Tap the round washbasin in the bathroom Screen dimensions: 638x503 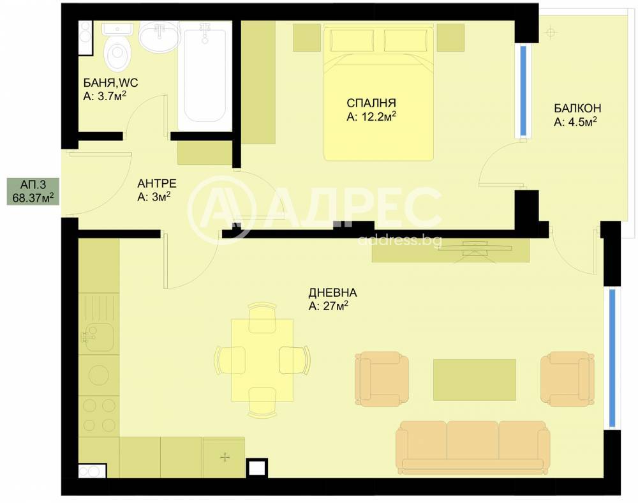(159, 37)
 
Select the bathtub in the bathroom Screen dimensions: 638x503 (205, 76)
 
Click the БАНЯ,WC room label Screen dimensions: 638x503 (110, 82)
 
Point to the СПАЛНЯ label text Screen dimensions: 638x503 (371, 103)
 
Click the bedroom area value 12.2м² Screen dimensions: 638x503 (371, 117)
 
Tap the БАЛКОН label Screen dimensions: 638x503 (577, 109)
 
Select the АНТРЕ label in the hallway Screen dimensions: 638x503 (157, 183)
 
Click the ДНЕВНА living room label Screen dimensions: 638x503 (332, 292)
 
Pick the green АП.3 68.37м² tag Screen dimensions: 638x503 (33, 191)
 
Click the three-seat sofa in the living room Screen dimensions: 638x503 (471, 447)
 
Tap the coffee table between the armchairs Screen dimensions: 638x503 (475, 380)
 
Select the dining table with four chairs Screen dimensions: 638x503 (262, 361)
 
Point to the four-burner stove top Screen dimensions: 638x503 (99, 415)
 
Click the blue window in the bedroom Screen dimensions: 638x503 (523, 91)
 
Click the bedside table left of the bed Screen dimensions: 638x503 (307, 38)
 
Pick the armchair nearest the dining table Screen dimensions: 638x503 (382, 379)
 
